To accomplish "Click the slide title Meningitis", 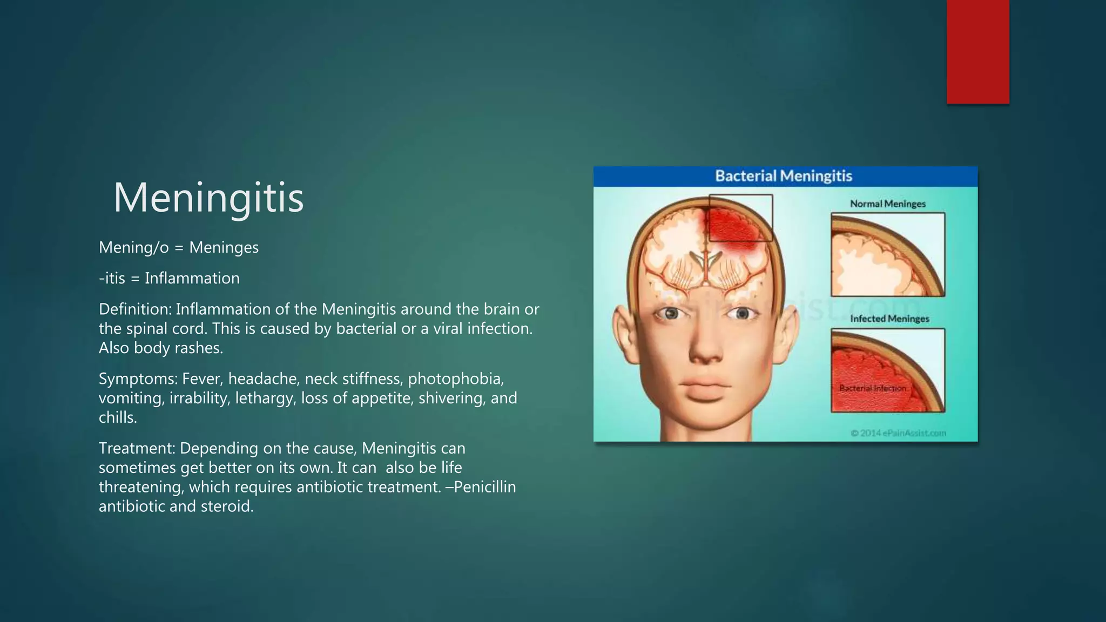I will pos(208,198).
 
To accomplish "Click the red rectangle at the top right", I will pos(977,52).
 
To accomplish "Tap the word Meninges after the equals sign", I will pos(224,247).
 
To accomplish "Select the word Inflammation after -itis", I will pos(192,278).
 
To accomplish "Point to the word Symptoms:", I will pos(138,378).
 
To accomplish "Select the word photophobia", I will pos(455,378).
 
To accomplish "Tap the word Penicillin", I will pos(484,487).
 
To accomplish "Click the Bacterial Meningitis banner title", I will pos(784,176).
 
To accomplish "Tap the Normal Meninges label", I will pos(888,204).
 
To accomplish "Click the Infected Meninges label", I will pos(889,319).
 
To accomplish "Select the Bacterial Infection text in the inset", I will pos(873,388).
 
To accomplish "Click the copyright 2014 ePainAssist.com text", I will pos(898,433).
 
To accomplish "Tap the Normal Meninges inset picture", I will pos(888,254).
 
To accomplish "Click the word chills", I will pos(118,417).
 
